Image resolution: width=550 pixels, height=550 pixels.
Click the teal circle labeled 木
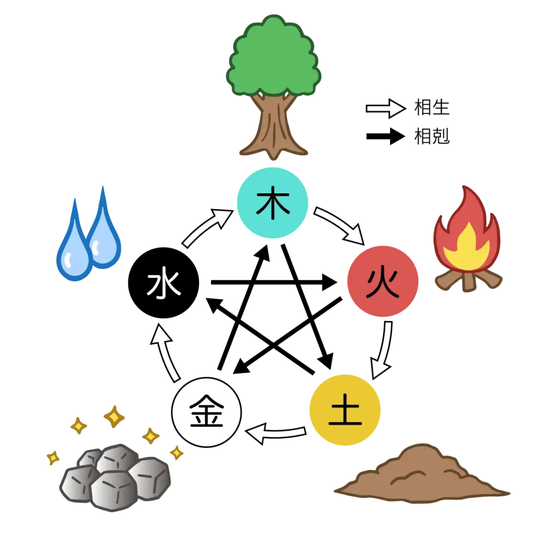273,203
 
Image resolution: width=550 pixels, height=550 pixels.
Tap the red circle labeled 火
383,281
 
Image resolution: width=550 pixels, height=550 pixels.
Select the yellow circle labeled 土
345,411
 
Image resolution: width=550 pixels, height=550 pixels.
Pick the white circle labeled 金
206,412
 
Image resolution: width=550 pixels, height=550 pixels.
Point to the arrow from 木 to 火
340,225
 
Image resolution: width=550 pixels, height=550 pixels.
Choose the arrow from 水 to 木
206,228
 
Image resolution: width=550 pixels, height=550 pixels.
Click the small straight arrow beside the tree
385,108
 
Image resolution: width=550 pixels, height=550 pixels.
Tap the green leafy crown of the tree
274,59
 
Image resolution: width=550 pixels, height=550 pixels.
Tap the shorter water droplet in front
74,252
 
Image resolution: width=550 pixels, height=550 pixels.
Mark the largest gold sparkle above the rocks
114,417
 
